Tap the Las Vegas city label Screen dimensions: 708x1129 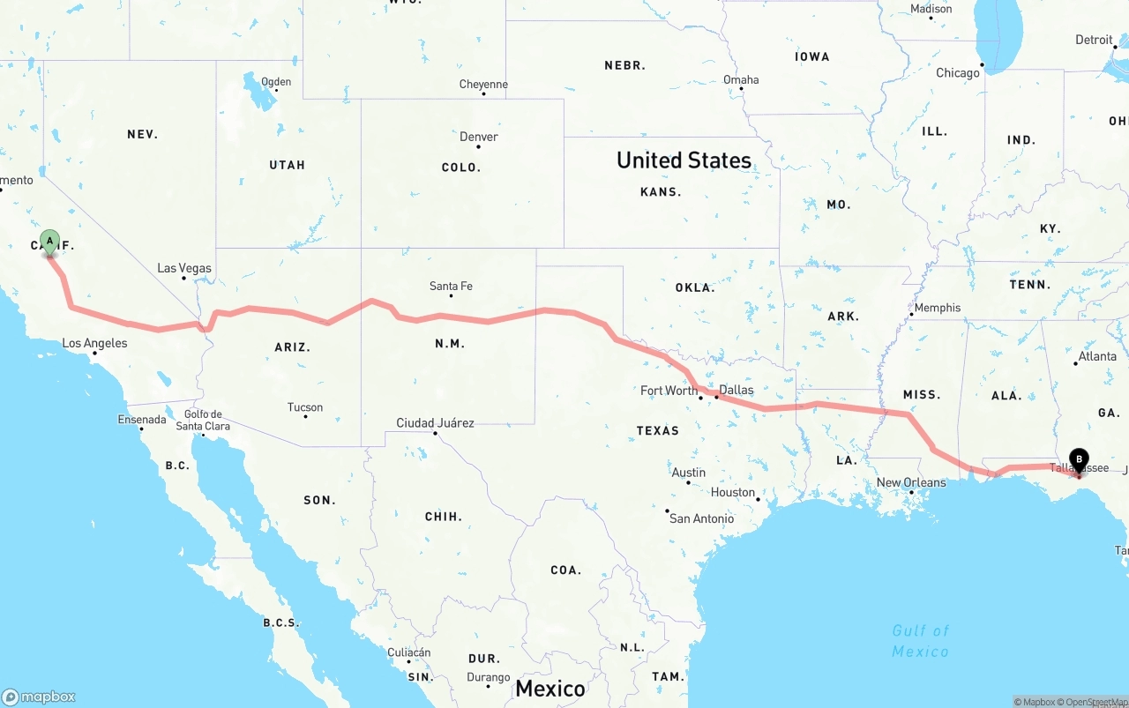pyautogui.click(x=184, y=268)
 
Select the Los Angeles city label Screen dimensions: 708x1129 pyautogui.click(x=94, y=343)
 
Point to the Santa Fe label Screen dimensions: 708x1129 pyautogui.click(x=451, y=286)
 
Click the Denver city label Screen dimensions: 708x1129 pyautogui.click(x=479, y=137)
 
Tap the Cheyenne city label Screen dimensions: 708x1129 pyautogui.click(x=483, y=85)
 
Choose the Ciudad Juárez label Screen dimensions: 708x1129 pyautogui.click(x=435, y=423)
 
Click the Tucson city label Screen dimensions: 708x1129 pyautogui.click(x=305, y=407)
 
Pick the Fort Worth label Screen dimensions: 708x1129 pyautogui.click(x=669, y=391)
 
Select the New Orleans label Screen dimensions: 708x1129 pyautogui.click(x=911, y=482)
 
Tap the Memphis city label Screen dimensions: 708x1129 pyautogui.click(x=938, y=308)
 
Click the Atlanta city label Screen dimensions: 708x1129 pyautogui.click(x=1097, y=356)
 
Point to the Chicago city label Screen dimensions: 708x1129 pyautogui.click(x=958, y=73)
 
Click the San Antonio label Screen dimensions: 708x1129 pyautogui.click(x=701, y=518)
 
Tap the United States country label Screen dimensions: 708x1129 pyautogui.click(x=684, y=160)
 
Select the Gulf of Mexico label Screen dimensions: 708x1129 pyautogui.click(x=920, y=641)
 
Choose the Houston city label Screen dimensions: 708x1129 pyautogui.click(x=733, y=493)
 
